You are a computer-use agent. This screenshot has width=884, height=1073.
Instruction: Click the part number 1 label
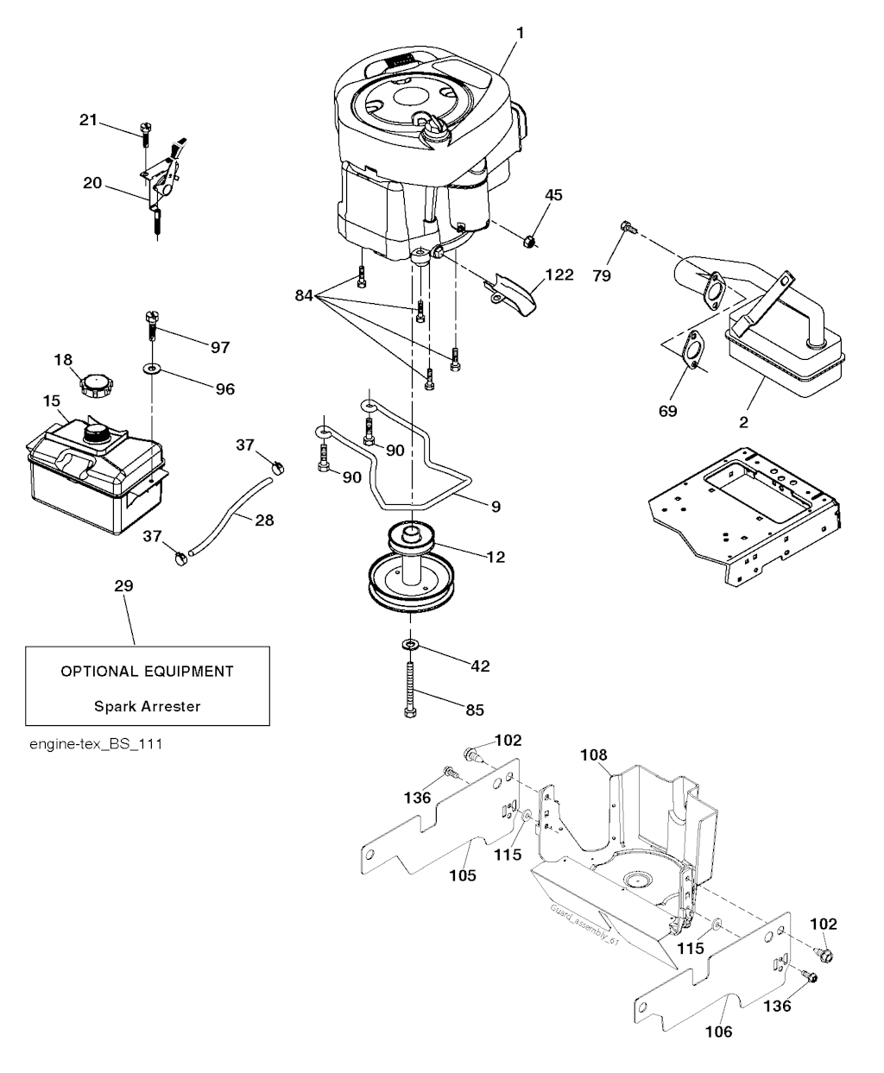pyautogui.click(x=520, y=32)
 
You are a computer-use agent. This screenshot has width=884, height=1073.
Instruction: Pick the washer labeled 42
pyautogui.click(x=410, y=645)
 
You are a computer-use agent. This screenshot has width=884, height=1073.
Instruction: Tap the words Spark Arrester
pyautogui.click(x=147, y=706)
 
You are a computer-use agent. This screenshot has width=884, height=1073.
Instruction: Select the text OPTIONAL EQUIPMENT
pyautogui.click(x=147, y=671)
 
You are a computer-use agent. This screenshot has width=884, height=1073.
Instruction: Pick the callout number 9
pyautogui.click(x=496, y=507)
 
